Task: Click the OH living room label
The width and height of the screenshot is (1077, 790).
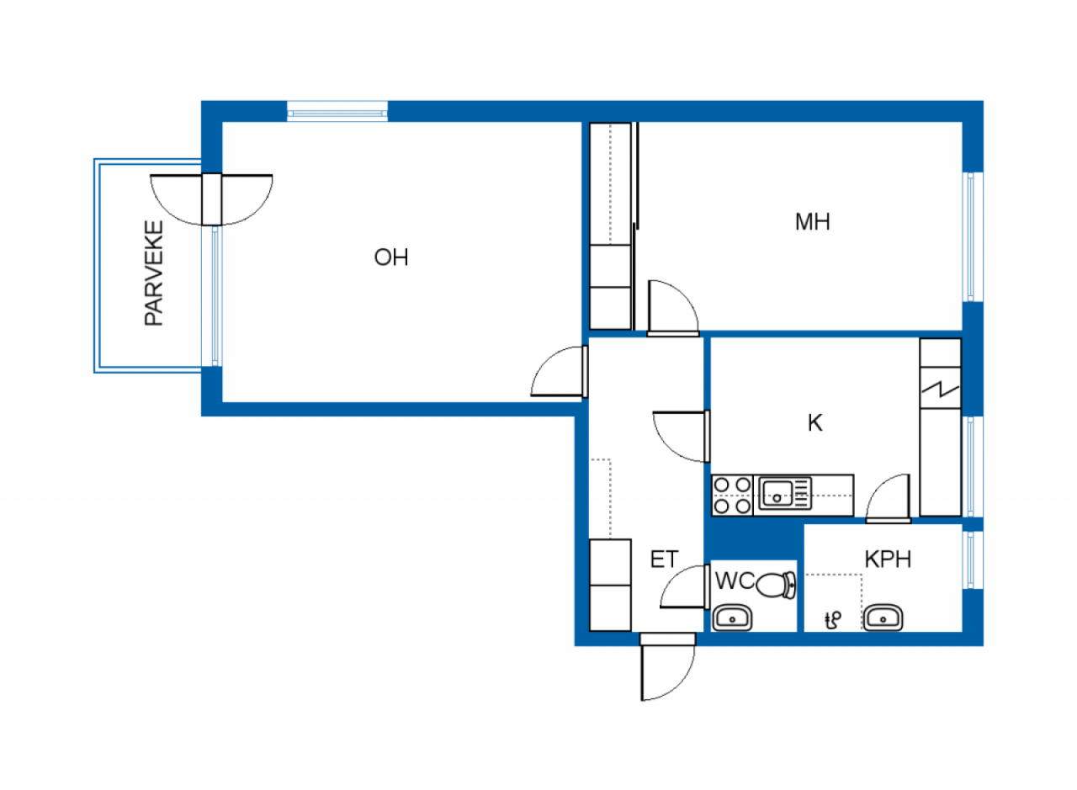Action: pos(391,257)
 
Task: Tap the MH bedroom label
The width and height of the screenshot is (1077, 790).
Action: pos(812,221)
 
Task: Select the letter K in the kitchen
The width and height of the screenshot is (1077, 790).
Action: pos(815,423)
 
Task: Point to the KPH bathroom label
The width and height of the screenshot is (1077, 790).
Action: pos(888,559)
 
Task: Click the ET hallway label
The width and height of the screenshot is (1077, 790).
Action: pos(664,559)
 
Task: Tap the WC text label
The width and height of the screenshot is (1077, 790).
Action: pos(735,581)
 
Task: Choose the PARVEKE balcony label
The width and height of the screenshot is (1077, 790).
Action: pos(154,273)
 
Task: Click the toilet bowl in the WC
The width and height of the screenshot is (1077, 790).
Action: pos(776,585)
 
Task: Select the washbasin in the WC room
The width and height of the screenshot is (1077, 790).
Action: pos(732,618)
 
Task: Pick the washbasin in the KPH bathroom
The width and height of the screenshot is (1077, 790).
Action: pos(883,618)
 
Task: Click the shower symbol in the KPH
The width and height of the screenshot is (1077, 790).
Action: pos(833,620)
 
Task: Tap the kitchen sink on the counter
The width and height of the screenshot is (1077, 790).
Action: pos(785,493)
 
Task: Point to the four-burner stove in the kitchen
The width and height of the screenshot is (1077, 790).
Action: pos(732,496)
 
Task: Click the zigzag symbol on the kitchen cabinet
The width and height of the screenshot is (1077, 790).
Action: pos(941,389)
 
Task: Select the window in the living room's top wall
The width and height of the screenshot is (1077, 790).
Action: pos(337,112)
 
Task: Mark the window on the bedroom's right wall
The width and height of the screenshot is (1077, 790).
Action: pos(973,236)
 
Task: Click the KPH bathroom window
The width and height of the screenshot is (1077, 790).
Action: pos(973,559)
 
